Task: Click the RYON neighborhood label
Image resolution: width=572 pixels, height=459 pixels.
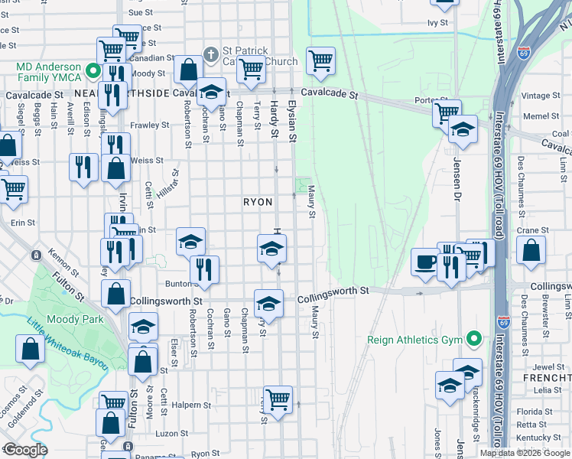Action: click(258, 202)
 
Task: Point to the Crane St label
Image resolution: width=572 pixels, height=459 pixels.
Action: click(533, 229)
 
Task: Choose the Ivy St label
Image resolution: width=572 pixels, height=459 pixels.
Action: click(437, 23)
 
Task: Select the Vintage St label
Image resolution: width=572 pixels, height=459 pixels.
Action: click(541, 96)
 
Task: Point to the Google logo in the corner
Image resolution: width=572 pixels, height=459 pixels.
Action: click(25, 450)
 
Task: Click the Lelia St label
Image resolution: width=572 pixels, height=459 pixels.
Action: click(548, 390)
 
